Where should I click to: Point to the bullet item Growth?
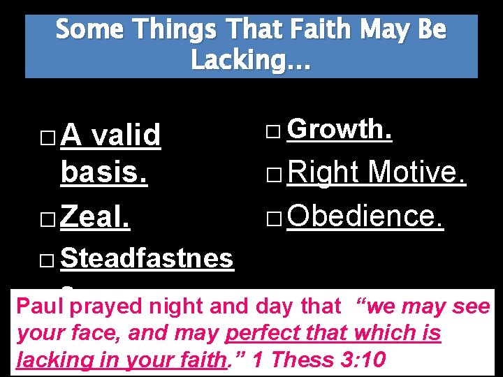pyautogui.click(x=340, y=128)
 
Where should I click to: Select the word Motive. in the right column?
pyautogui.click(x=416, y=172)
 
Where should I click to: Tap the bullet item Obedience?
pyautogui.click(x=365, y=216)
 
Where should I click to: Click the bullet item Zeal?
pyautogui.click(x=95, y=218)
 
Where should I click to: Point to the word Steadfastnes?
pyautogui.click(x=147, y=258)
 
